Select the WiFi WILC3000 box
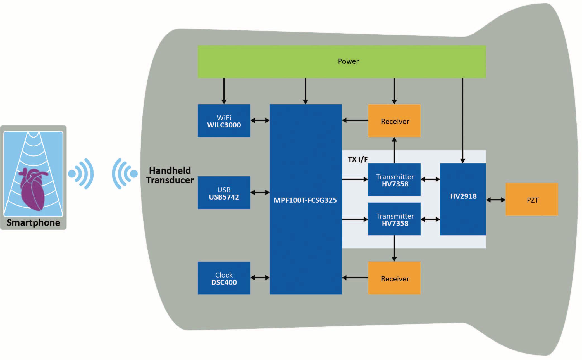point(224,121)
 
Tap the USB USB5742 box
point(224,193)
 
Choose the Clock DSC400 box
point(224,278)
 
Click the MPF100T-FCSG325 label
point(305,200)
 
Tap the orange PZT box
point(532,200)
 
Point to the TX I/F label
point(357,159)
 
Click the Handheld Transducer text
point(170,175)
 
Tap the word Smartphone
point(33,223)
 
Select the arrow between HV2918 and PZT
point(496,200)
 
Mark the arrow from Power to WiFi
point(224,91)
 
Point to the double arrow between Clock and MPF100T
point(260,278)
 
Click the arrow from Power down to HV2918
point(462,120)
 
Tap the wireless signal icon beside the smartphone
point(81,174)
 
